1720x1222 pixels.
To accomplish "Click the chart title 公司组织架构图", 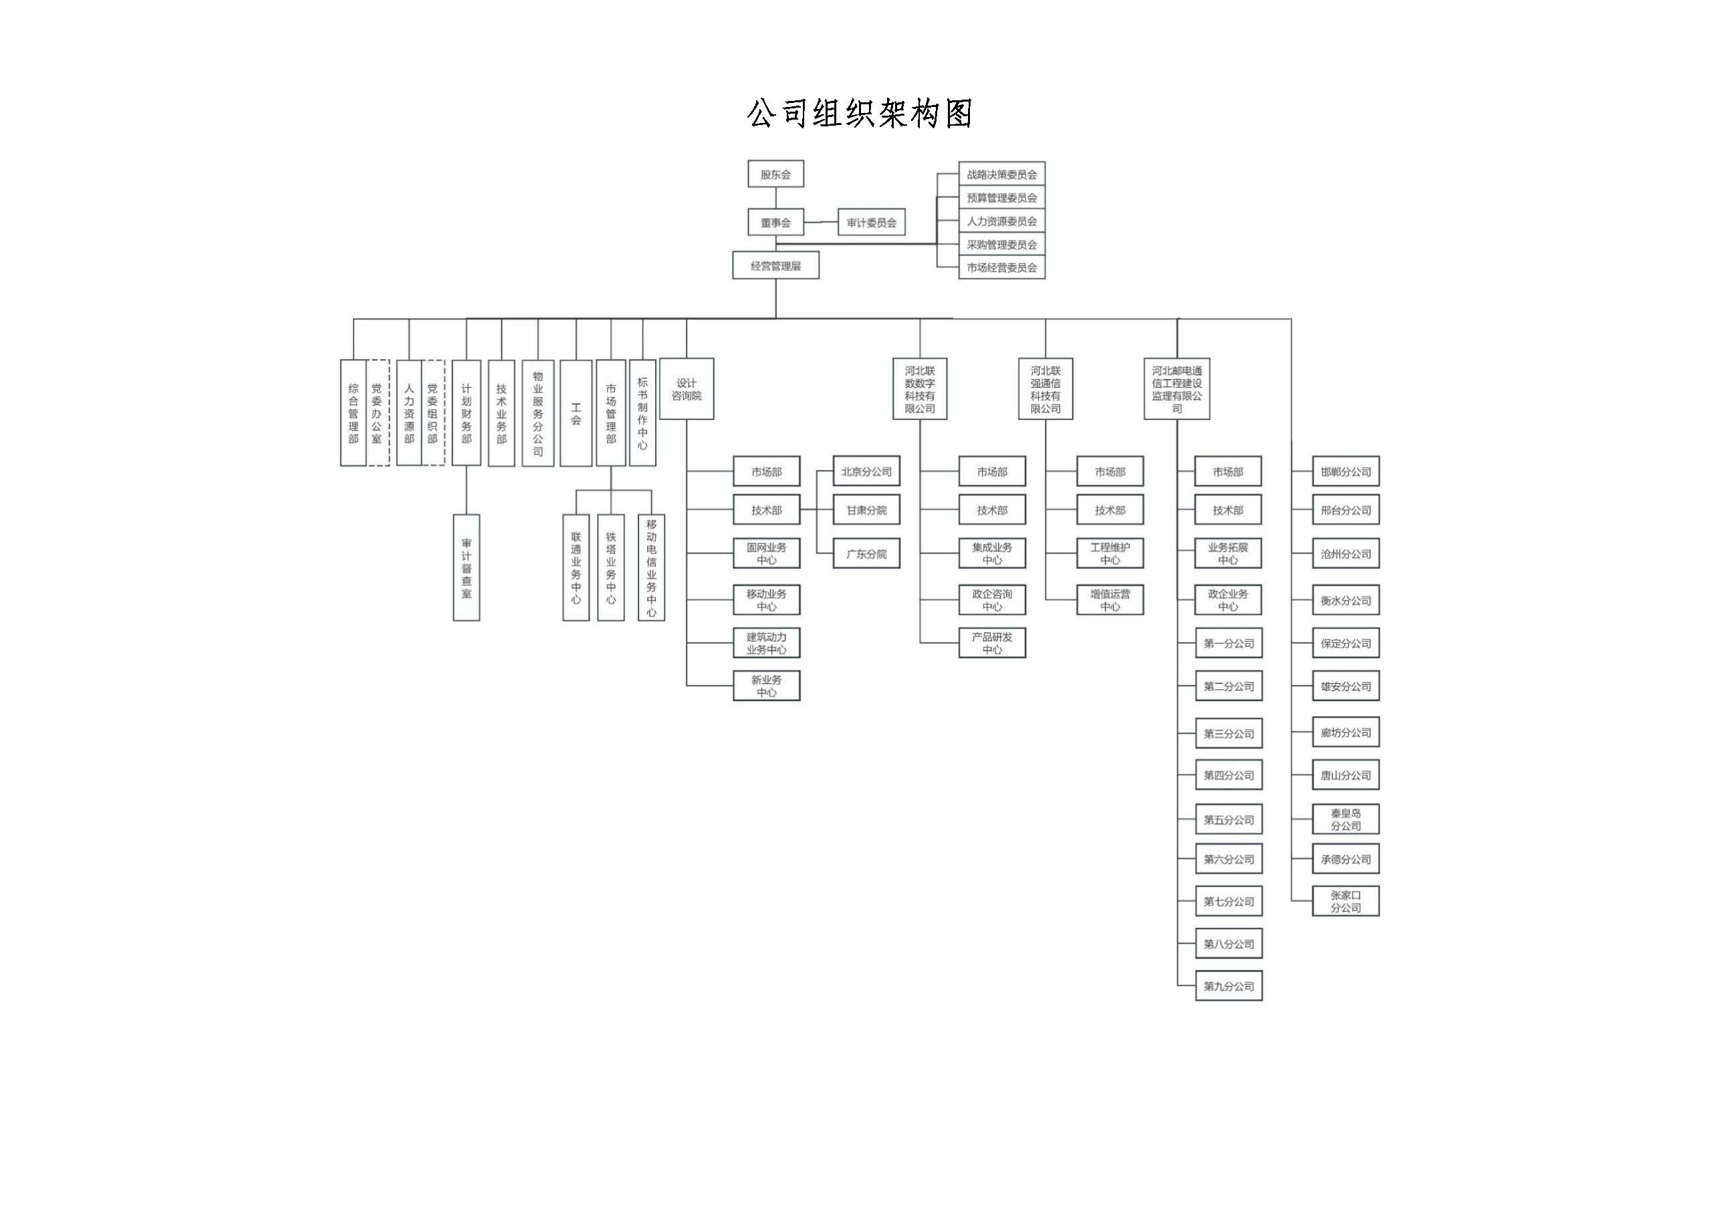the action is (x=859, y=114).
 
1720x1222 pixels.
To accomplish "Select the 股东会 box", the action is (x=775, y=174).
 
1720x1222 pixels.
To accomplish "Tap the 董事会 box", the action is (x=775, y=223).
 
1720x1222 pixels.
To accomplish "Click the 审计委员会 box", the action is (x=871, y=223).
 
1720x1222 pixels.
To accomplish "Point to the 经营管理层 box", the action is (x=775, y=265).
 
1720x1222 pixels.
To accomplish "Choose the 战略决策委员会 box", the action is (x=1001, y=174).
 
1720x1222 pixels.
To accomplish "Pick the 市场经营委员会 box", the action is (x=1001, y=267).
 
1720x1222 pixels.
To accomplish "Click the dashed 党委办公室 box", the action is (x=377, y=413).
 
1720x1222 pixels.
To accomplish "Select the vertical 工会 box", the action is (x=576, y=413).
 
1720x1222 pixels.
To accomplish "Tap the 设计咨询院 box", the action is (x=686, y=389).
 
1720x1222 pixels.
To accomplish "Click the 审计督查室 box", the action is (x=467, y=568).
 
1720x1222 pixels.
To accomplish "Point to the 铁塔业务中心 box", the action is (x=611, y=568).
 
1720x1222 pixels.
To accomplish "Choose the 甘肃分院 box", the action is (x=867, y=510).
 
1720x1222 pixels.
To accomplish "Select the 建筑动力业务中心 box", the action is (x=767, y=643).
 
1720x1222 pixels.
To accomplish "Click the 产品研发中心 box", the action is (x=993, y=643).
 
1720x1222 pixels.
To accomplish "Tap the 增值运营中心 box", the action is (x=1110, y=600).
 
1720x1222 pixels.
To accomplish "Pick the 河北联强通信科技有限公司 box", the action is (x=1046, y=389).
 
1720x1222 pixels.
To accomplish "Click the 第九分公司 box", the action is (x=1229, y=987).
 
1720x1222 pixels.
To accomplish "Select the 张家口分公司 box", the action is (x=1346, y=901).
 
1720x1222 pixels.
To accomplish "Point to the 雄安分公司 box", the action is (x=1346, y=687).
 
